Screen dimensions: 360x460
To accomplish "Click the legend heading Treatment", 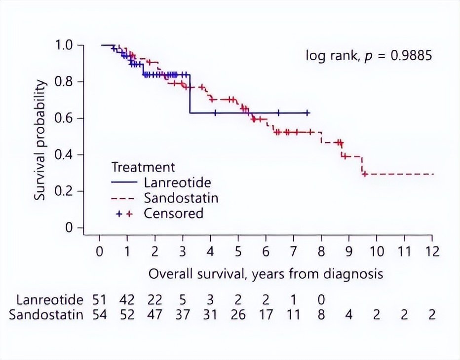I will click(x=143, y=167).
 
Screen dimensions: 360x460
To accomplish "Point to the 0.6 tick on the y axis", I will click(x=65, y=118).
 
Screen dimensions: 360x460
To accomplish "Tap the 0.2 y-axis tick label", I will click(x=65, y=191).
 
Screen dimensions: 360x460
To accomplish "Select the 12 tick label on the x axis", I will click(x=432, y=251).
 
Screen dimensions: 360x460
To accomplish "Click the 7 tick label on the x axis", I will click(x=294, y=251).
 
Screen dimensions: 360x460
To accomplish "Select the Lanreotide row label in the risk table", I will click(x=49, y=300).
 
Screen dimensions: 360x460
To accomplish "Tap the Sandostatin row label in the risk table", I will click(x=45, y=315).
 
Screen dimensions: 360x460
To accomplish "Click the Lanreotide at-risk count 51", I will click(x=99, y=300).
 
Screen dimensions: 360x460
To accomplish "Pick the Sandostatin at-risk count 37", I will click(x=183, y=315).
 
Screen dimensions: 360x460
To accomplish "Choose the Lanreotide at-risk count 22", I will click(x=155, y=300).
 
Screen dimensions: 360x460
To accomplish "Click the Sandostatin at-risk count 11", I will click(x=294, y=315).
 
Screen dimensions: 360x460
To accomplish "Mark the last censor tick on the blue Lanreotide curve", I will click(x=307, y=113).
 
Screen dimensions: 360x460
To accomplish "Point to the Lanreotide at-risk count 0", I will click(x=321, y=300).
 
